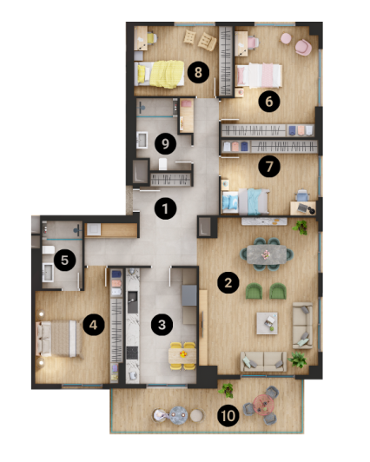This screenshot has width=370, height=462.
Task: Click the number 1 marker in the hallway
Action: pos(162,208)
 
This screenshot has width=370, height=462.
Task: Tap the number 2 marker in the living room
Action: pos(228,282)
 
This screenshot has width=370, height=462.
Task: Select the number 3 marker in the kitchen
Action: pos(161,325)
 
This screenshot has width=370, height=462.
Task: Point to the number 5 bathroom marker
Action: pos(63,258)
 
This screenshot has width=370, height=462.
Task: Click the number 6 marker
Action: pos(268,102)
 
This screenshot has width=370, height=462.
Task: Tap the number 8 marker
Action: pos(200,72)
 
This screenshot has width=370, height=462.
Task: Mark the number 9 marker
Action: pos(160,143)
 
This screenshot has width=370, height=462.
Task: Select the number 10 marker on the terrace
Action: pos(228,416)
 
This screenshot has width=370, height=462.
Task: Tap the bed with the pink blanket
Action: pos(264,76)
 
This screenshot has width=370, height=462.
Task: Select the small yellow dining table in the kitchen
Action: pos(180,353)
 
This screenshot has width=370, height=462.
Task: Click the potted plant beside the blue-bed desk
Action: pos(301,228)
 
